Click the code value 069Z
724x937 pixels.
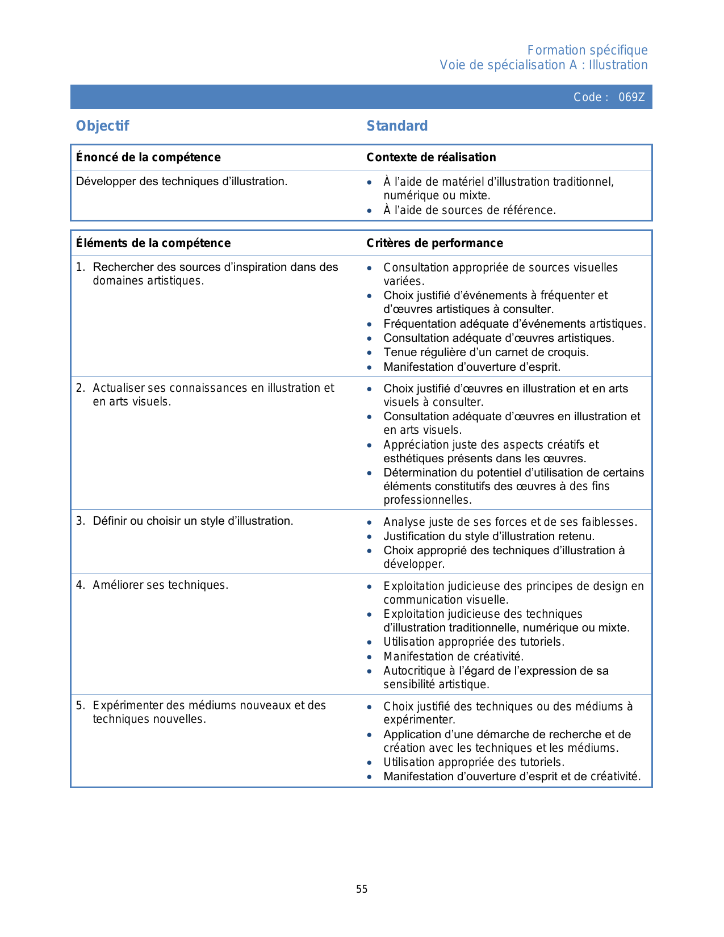pos(631,97)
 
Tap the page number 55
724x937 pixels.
pos(362,889)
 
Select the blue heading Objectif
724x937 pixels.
pos(103,126)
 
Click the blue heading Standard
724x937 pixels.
pos(397,126)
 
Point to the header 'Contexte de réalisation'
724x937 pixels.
pos(431,157)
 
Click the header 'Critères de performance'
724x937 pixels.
pos(434,243)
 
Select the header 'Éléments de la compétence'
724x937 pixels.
pos(153,243)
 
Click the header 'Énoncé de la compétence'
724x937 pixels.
pos(148,157)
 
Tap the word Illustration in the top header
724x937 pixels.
pos(618,65)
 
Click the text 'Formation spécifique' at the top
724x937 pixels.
pos(587,51)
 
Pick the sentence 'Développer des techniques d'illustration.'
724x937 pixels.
pos(182,182)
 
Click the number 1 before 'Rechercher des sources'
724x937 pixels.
pos(79,267)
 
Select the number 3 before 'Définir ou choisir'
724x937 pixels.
pos(79,521)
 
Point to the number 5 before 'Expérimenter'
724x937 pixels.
pos(79,706)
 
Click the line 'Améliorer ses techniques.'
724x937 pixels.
pos(160,585)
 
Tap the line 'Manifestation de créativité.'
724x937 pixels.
pos(453,656)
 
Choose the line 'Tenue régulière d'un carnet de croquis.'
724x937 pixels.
pos(486,353)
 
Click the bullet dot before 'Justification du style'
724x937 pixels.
pos(370,537)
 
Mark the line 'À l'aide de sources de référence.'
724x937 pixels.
pos(470,211)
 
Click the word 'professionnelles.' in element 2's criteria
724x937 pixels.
pos(428,500)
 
